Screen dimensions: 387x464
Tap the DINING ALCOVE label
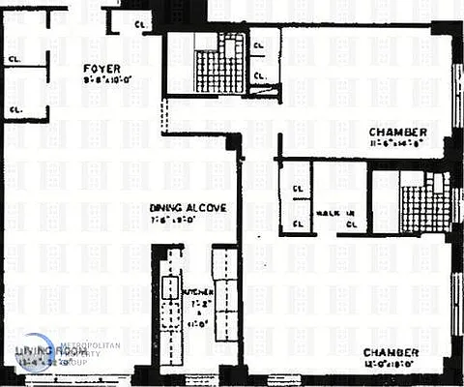pos(188,207)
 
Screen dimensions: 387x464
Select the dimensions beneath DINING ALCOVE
pos(188,220)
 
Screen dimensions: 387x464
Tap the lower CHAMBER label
pos(391,353)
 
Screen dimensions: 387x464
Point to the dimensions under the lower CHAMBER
pos(391,366)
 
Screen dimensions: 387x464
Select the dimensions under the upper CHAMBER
pos(395,145)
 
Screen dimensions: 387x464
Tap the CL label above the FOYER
pos(141,23)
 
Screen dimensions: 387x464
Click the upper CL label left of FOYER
pos(15,58)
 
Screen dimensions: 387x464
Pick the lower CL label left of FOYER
pos(15,110)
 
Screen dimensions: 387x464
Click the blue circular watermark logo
pos(35,354)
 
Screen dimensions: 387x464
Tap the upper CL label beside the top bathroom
pos(259,45)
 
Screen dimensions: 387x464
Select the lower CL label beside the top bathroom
pos(259,76)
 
